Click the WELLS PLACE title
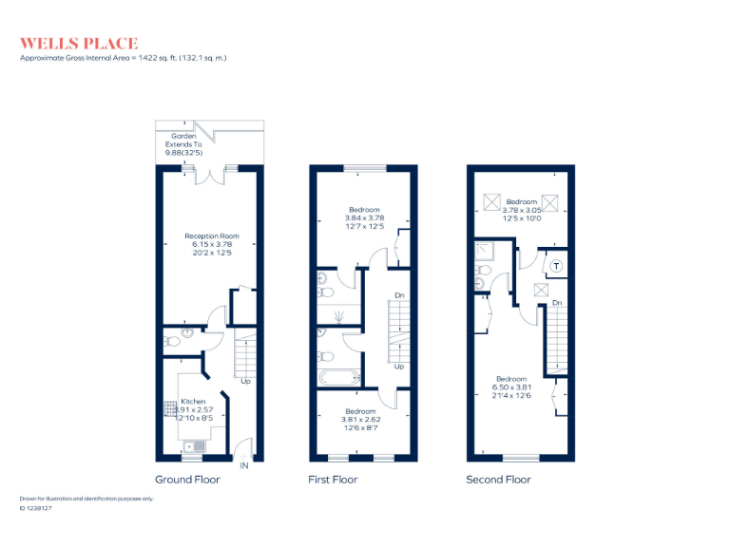coord(79,43)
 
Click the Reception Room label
coord(211,236)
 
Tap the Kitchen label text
coord(194,402)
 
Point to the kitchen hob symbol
coord(171,409)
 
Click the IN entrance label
coord(244,465)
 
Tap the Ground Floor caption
coord(187,480)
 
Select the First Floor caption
coord(333,480)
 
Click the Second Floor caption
coord(498,480)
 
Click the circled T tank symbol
coord(556,266)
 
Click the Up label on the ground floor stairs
coord(245,382)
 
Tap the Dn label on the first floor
coord(399,296)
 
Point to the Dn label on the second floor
coord(557,303)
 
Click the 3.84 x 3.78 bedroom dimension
coord(364,217)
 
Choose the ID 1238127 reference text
coord(36,508)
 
